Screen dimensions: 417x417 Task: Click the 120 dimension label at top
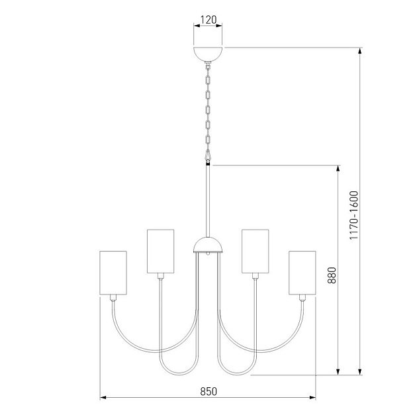[x=208, y=20]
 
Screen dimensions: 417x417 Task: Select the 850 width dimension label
[x=208, y=391]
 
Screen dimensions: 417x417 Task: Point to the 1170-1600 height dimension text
[x=354, y=214]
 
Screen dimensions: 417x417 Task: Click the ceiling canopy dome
[x=208, y=54]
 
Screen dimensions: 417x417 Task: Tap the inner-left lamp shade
[x=160, y=251]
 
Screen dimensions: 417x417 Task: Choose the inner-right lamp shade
[x=255, y=251]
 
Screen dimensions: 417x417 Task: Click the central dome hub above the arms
[x=208, y=247]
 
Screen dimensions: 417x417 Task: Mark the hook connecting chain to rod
[x=208, y=158]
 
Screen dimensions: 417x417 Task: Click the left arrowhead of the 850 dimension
[x=103, y=398]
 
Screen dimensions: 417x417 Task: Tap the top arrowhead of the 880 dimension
[x=340, y=168]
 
